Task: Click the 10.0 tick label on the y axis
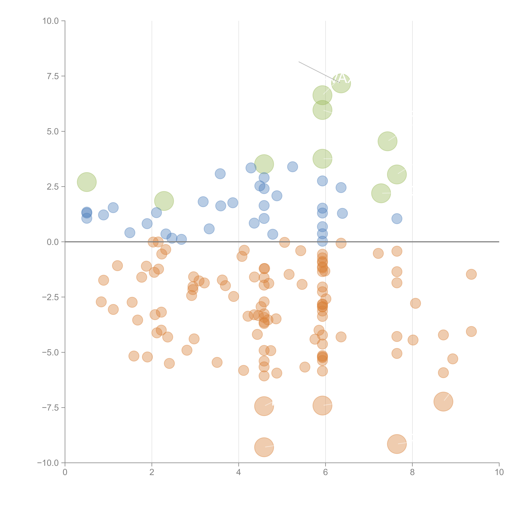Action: [51, 21]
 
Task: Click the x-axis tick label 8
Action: [412, 472]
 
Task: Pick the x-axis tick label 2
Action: [152, 472]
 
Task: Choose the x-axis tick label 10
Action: [499, 472]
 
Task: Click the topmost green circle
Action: [341, 83]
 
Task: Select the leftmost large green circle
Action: [87, 182]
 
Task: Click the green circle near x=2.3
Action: [164, 201]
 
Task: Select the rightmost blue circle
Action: [397, 219]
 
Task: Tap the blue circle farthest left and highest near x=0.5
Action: [87, 212]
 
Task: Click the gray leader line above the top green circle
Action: [312, 69]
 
